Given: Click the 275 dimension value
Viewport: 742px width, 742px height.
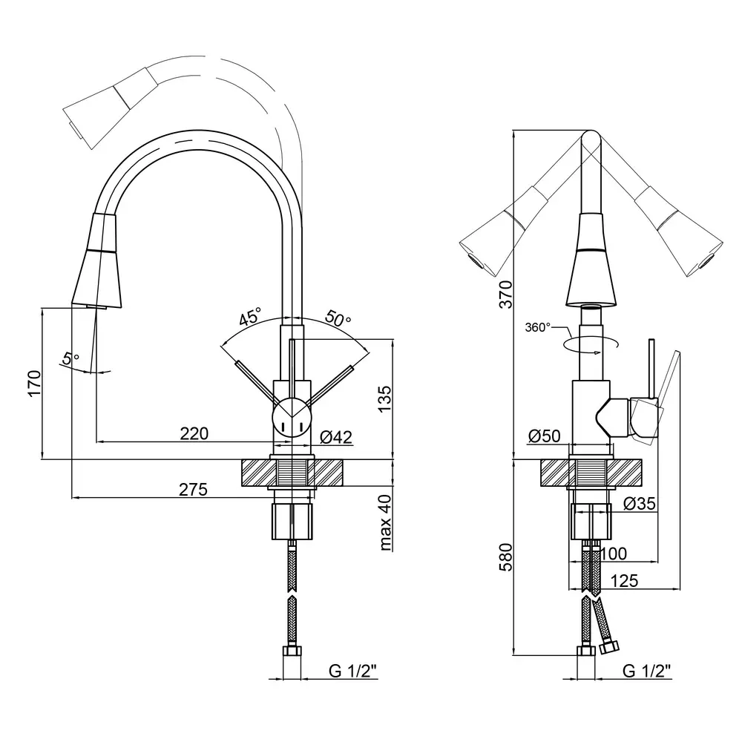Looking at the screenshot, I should pos(193,489).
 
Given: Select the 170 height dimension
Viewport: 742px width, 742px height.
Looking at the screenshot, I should pos(33,384).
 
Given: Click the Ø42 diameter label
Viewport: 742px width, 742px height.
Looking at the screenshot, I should pos(335,437).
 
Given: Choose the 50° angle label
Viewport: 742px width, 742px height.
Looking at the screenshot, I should pos(338,320).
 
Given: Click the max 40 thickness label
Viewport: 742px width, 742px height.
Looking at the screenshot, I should pos(385,523).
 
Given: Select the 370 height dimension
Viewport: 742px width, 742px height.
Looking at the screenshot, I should pos(505,295).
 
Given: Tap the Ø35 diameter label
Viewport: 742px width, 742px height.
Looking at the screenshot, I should pos(640,504).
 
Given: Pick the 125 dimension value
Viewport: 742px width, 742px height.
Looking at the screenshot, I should pos(625,581).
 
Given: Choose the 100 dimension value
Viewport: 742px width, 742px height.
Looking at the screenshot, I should pos(613,553).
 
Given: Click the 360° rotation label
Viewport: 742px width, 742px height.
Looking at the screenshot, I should pos(538,326).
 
